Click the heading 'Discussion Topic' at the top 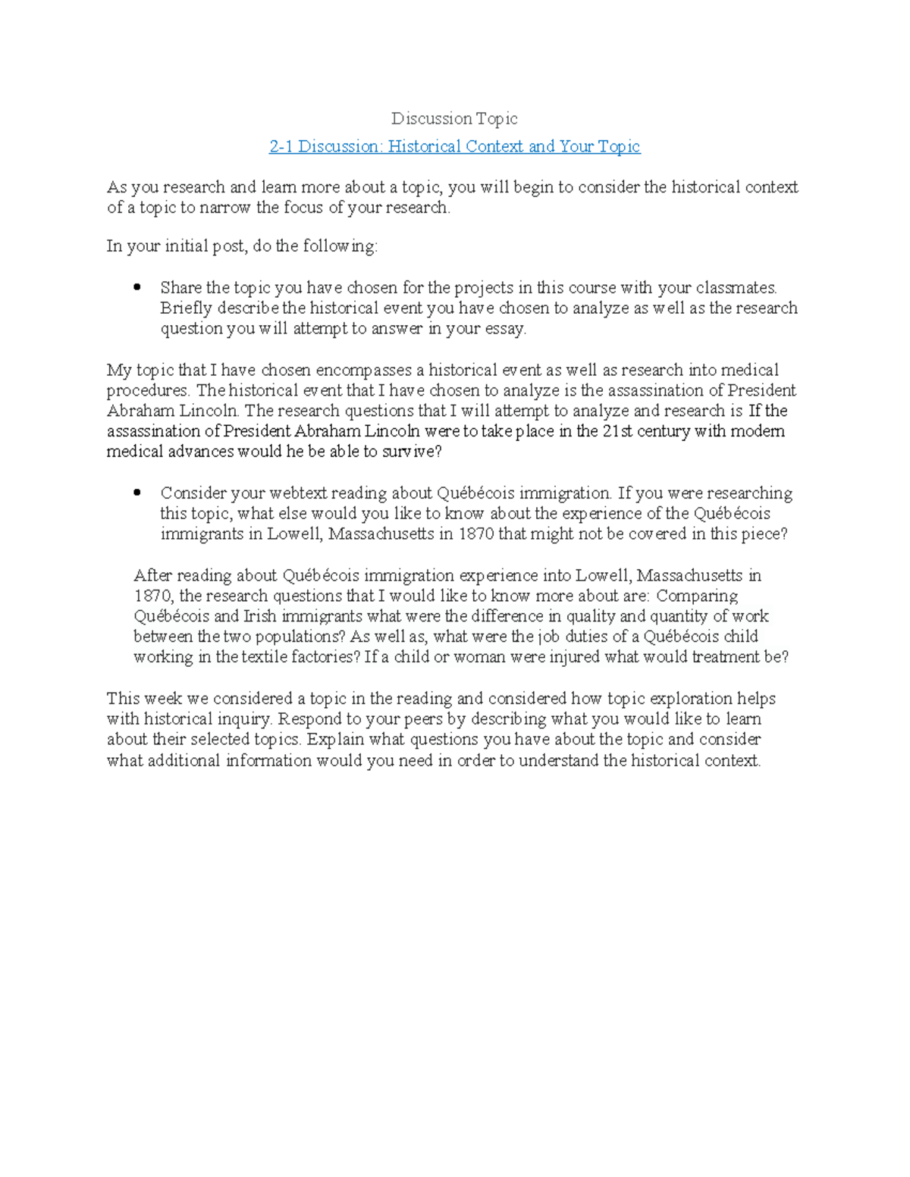(454, 118)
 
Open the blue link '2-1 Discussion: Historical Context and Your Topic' (454, 146)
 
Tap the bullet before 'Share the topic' (137, 288)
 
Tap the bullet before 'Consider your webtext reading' (137, 493)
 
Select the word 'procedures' (147, 391)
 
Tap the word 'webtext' (300, 493)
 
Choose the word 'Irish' (259, 616)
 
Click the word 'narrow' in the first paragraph (226, 208)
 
